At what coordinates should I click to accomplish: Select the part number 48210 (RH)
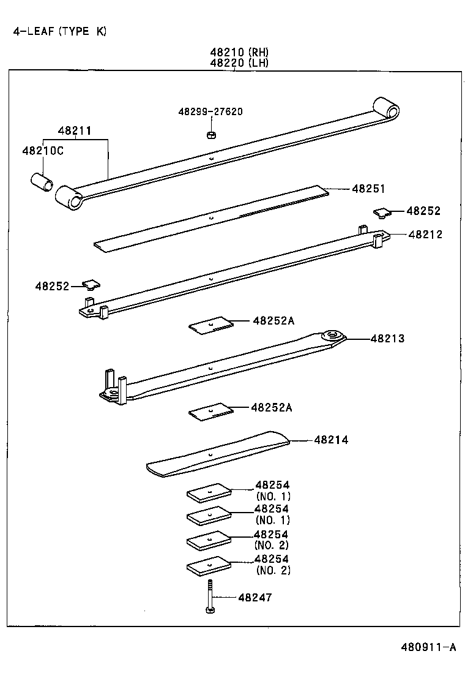(239, 52)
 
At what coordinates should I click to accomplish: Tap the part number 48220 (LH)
(239, 62)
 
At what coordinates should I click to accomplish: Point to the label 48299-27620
(210, 111)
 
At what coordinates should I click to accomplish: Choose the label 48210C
(43, 151)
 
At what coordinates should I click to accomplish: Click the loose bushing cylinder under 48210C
(42, 182)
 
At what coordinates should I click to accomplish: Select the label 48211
(75, 130)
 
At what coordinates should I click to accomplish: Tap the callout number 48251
(368, 189)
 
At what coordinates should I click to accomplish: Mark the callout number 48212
(425, 234)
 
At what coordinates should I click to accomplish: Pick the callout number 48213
(387, 338)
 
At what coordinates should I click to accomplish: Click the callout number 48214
(331, 440)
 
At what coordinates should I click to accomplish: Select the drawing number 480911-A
(429, 647)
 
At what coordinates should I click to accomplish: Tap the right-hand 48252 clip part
(382, 212)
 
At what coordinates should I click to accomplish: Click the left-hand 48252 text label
(52, 285)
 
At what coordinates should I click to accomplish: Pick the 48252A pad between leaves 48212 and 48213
(210, 325)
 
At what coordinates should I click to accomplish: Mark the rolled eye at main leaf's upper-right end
(387, 108)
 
